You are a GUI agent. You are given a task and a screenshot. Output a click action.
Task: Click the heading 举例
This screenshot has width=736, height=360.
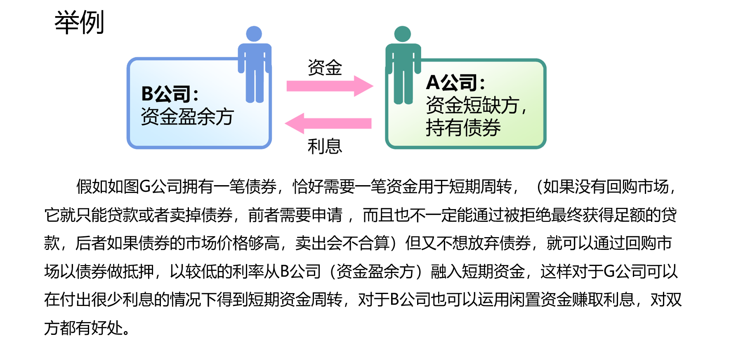(x=79, y=23)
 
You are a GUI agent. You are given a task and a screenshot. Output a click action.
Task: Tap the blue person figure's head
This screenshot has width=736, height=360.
(x=254, y=34)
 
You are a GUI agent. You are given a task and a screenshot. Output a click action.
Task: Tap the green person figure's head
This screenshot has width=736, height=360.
(x=402, y=34)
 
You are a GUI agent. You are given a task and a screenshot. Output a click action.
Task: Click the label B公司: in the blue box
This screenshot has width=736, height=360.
(x=170, y=94)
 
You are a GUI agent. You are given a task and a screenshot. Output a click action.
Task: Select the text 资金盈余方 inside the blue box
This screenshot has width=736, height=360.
(x=187, y=117)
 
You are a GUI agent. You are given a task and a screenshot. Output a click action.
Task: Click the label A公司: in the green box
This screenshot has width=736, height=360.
(x=455, y=82)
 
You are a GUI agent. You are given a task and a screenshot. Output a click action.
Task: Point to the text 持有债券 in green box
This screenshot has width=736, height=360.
(x=463, y=128)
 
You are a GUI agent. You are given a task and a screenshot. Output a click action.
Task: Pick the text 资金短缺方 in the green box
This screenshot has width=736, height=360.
(x=472, y=105)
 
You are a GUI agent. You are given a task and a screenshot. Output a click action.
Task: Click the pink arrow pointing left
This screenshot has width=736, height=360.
(x=328, y=123)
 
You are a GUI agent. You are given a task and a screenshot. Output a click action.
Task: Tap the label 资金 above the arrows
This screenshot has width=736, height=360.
(x=325, y=68)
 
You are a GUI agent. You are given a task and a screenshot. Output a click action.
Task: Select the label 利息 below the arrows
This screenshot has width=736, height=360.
(x=325, y=146)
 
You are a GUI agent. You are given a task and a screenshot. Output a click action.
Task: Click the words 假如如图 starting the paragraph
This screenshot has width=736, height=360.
(x=107, y=187)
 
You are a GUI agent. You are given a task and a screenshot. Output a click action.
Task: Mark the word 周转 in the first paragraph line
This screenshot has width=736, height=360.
(x=496, y=187)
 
